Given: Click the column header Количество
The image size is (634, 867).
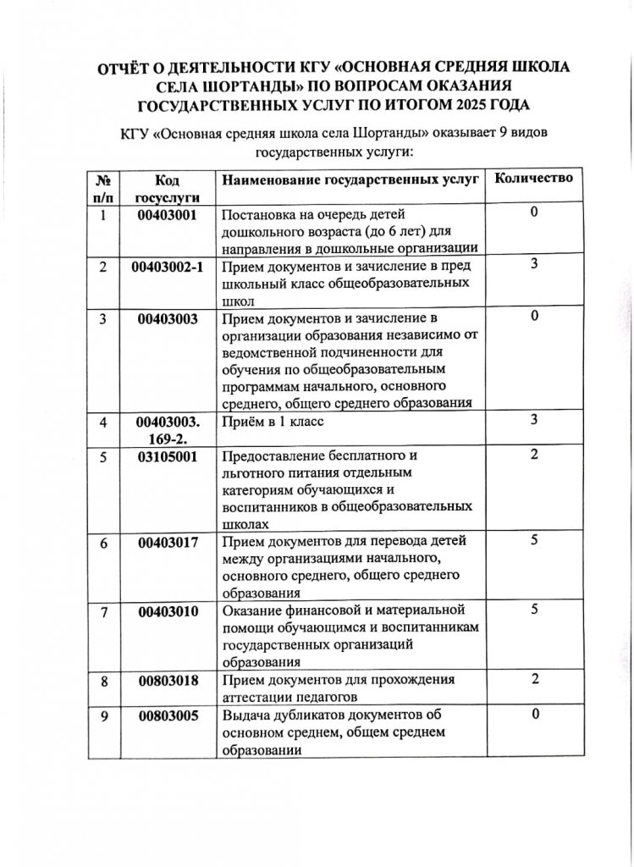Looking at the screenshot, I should pyautogui.click(x=533, y=179).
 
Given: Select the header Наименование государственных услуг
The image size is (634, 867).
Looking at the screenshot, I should pyautogui.click(x=350, y=179).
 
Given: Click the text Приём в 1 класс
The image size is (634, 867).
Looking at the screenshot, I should pyautogui.click(x=273, y=421).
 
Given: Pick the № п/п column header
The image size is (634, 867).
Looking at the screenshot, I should pyautogui.click(x=104, y=188).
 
